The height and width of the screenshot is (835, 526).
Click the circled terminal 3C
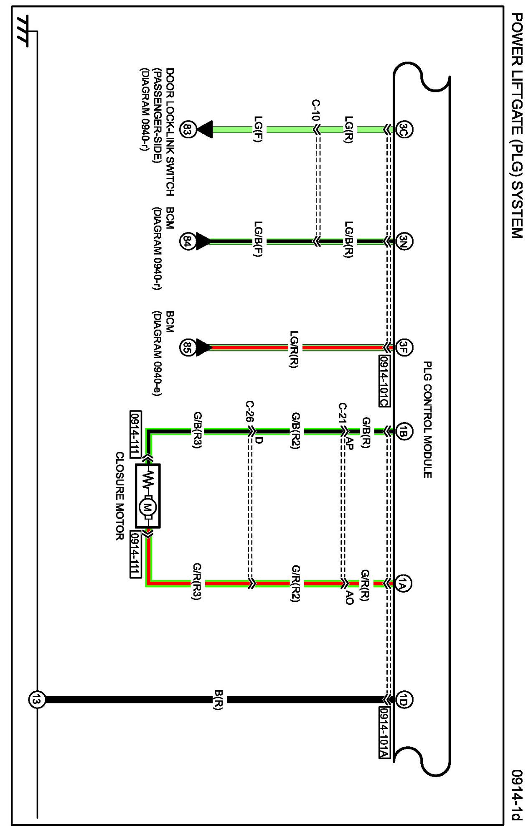(404, 129)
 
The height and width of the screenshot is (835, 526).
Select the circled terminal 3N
(404, 241)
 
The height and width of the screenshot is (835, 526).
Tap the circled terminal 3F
(403, 347)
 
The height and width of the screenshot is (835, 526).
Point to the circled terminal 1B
(403, 431)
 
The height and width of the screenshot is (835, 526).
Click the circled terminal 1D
(403, 700)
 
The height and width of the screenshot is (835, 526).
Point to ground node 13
(36, 700)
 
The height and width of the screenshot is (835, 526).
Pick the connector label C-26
(249, 412)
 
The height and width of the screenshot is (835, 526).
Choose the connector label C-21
(342, 414)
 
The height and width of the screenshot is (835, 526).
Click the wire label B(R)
(219, 700)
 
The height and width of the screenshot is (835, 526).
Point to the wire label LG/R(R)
(294, 349)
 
